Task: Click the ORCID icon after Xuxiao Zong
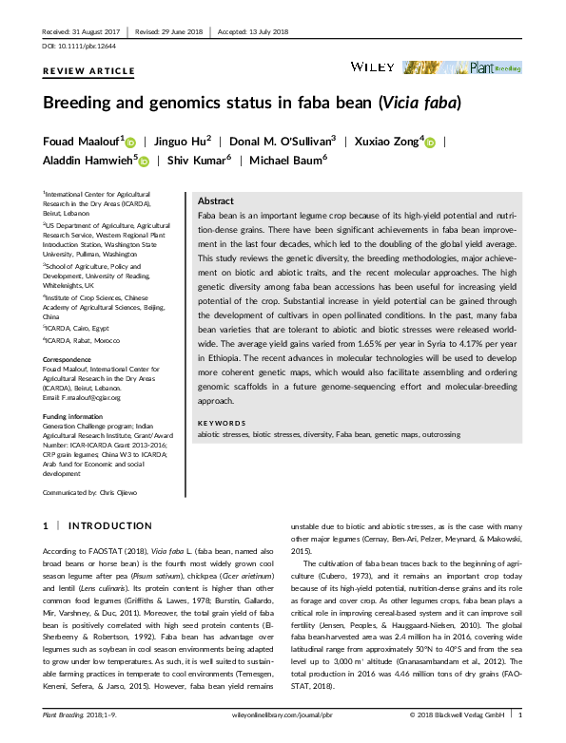(x=429, y=143)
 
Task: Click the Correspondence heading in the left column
(x=69, y=358)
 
